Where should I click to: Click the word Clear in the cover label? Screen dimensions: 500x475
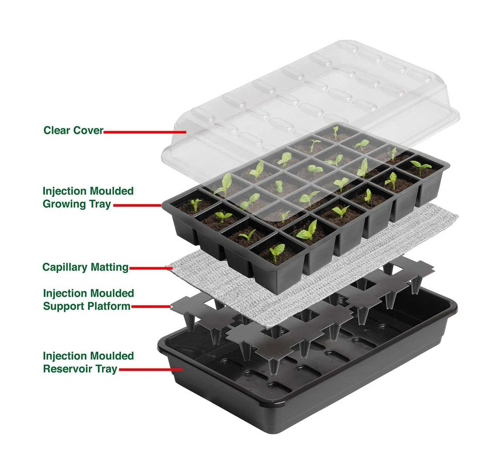pos(56,130)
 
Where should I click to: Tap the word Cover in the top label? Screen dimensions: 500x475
pos(88,130)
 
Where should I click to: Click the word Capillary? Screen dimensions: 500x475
pos(65,267)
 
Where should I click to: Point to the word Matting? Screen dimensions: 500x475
pos(110,267)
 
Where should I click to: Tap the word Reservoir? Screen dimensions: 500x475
pos(67,369)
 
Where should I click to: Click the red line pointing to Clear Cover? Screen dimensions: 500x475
pos(145,132)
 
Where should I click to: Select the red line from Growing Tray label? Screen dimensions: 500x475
pos(138,205)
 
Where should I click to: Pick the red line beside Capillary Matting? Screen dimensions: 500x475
pos(151,268)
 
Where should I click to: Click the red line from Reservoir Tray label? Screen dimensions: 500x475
pos(151,369)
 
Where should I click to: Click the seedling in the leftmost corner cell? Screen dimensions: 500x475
pos(195,204)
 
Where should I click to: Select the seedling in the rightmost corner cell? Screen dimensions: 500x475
pos(421,166)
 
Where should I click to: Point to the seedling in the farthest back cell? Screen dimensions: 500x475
pos(336,133)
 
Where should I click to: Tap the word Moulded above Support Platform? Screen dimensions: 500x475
pos(112,293)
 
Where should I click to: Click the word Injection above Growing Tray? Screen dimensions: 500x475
pos(65,191)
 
